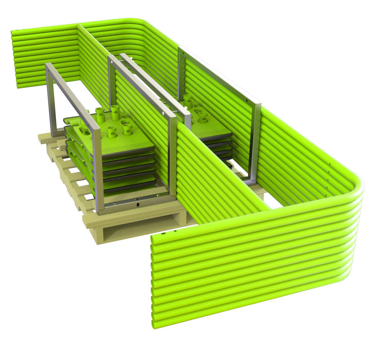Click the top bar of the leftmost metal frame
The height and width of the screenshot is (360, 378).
[70, 93]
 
